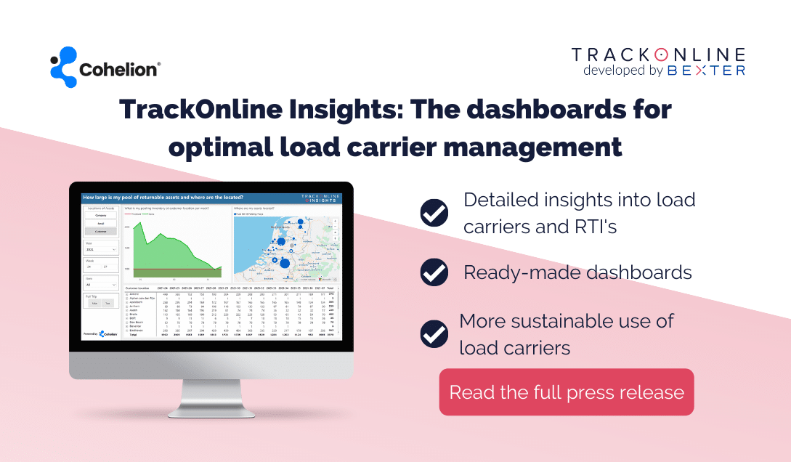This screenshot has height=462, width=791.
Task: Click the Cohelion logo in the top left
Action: [105, 68]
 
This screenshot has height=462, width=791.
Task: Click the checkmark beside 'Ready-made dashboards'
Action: [434, 272]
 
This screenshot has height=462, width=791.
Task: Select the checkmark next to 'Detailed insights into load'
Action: [434, 213]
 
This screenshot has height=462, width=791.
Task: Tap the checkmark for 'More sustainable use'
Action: [434, 333]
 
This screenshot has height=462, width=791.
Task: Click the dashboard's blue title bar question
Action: [163, 197]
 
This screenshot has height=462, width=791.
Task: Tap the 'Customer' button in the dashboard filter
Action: [100, 231]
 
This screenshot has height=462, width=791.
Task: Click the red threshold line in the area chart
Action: [174, 269]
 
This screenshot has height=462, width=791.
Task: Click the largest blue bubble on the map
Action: [285, 263]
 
